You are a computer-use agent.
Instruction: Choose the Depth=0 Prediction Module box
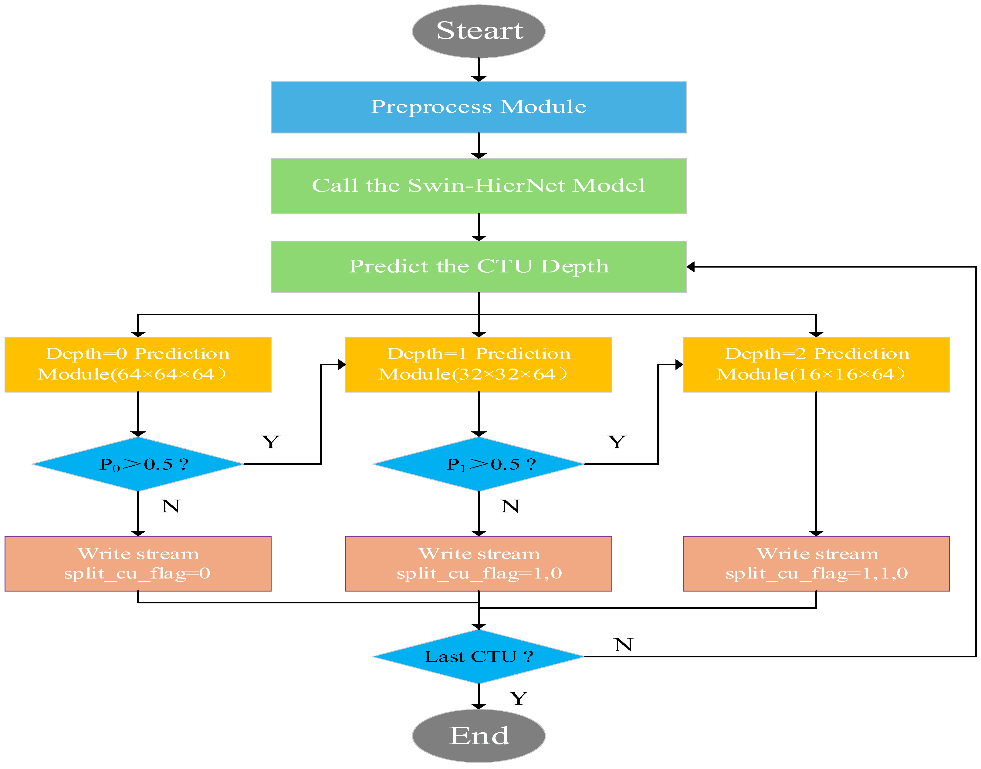coord(138,364)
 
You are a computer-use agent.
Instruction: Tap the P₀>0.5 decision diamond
coord(138,464)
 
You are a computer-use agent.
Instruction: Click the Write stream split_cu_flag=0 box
coord(138,563)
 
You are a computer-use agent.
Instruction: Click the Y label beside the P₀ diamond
coord(271,442)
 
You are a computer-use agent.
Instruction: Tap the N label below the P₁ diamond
coord(510,506)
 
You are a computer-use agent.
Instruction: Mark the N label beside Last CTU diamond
coord(623,645)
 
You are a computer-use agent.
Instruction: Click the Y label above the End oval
coord(519,698)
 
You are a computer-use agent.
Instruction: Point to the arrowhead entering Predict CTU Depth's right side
coord(691,267)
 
